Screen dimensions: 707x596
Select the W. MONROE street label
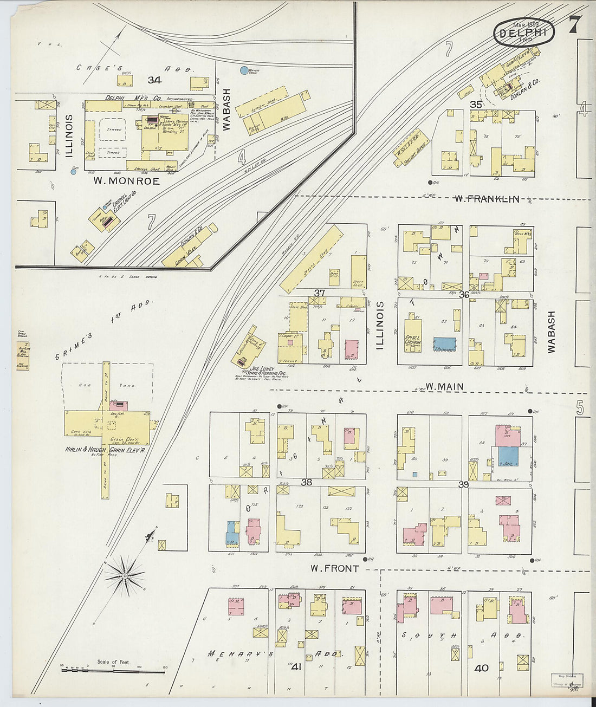(x=126, y=181)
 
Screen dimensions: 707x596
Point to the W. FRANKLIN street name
(x=487, y=199)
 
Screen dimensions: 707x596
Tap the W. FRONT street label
(x=334, y=568)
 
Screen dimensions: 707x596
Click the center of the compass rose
(x=125, y=573)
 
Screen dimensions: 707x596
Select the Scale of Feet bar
(x=113, y=671)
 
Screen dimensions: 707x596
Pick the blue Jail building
(x=508, y=457)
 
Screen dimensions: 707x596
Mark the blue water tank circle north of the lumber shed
(x=244, y=70)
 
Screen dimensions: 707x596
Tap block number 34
(x=154, y=80)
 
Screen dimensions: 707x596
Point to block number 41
(x=296, y=667)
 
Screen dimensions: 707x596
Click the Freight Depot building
(x=410, y=147)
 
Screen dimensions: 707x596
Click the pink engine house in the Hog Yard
(x=119, y=405)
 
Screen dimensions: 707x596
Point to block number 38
(x=307, y=482)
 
